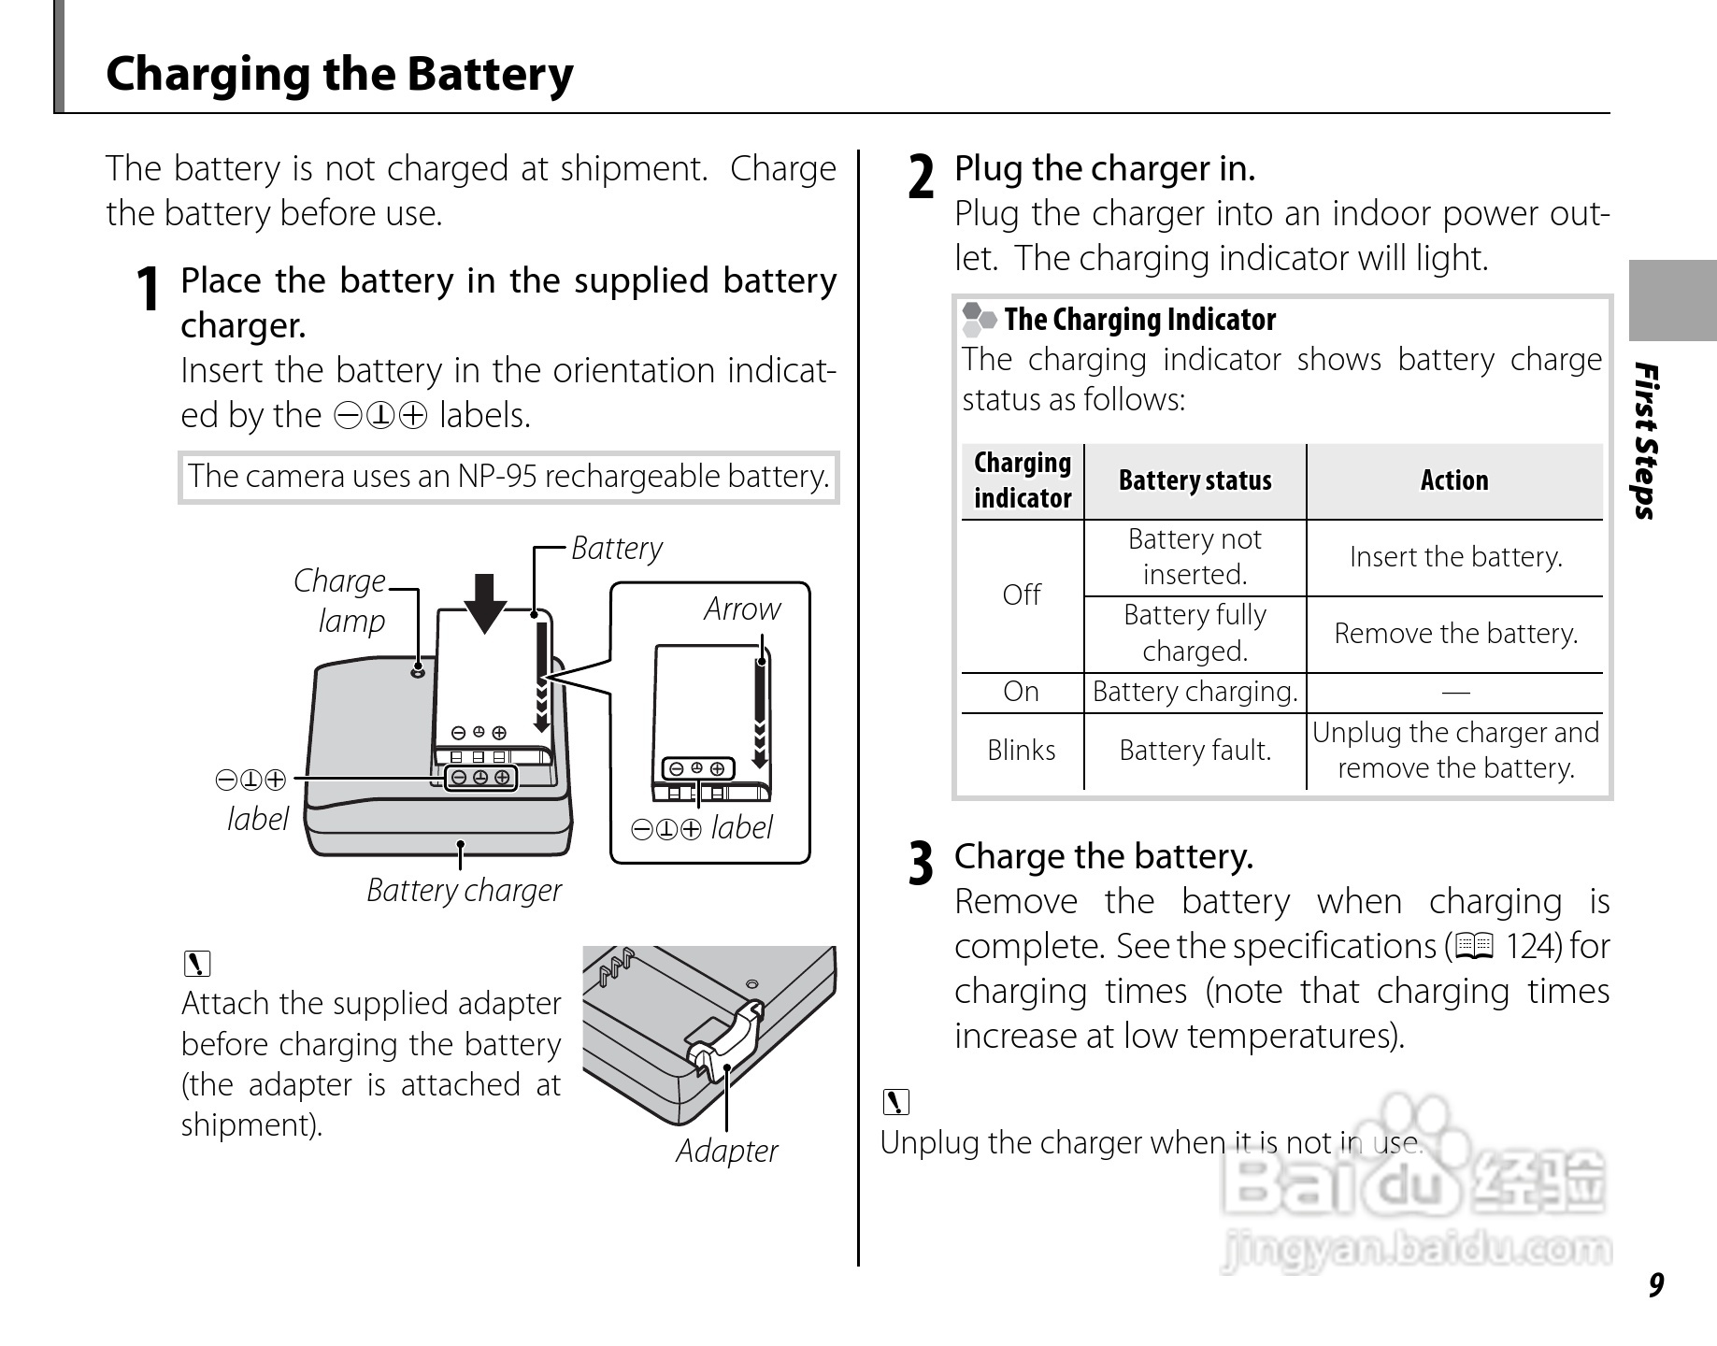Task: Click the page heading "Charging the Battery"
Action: click(x=339, y=74)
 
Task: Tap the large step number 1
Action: click(x=147, y=289)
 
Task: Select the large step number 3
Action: click(x=921, y=864)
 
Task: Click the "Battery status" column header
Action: click(x=1195, y=480)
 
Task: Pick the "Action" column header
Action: click(x=1454, y=480)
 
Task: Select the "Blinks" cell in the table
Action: click(x=1022, y=751)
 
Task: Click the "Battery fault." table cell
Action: click(x=1195, y=751)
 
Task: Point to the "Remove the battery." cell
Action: click(x=1455, y=634)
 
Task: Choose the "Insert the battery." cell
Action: click(x=1455, y=557)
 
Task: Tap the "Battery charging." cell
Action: click(x=1195, y=692)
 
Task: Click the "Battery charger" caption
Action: click(x=464, y=891)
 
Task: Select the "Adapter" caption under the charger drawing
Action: click(x=726, y=1151)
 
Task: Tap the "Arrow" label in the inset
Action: click(x=742, y=609)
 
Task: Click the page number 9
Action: click(x=1655, y=1285)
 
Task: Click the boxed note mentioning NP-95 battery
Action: click(x=508, y=477)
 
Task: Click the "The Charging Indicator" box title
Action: click(x=1139, y=320)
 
